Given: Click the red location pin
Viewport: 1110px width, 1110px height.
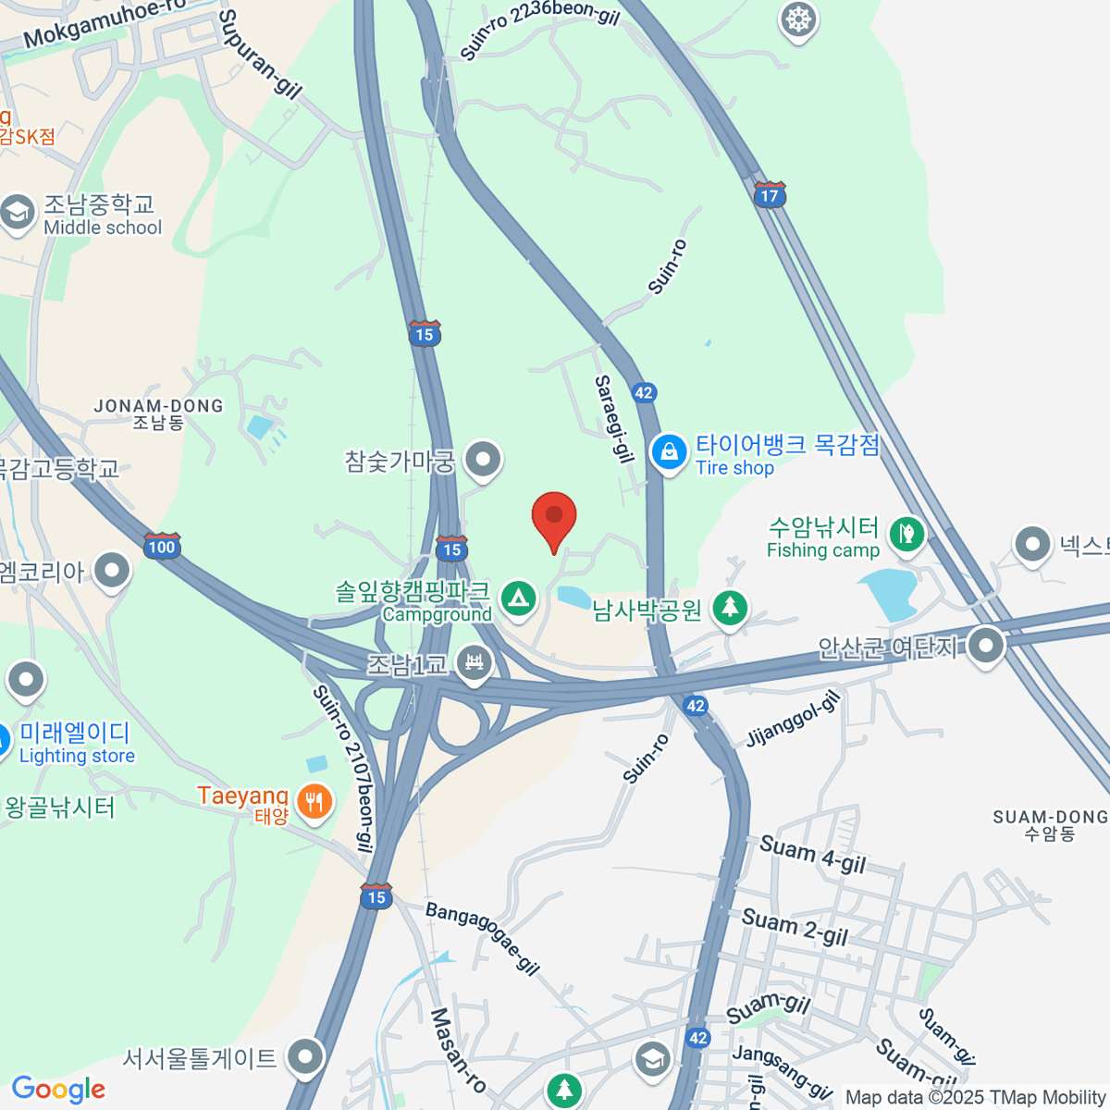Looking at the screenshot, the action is point(554,516).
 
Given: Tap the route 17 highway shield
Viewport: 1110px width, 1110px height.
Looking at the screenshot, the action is point(770,195).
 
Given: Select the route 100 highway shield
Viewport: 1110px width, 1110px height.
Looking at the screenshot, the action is point(161,546).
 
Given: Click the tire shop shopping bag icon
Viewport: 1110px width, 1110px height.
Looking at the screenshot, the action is point(668,452).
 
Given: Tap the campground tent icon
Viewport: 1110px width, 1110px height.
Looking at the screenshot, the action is point(519,598).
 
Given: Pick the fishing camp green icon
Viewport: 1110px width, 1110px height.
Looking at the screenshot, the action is point(906,534).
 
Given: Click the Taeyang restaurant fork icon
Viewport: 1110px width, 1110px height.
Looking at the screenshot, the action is point(314,801).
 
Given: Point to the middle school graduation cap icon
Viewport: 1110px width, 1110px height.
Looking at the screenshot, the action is point(17,213).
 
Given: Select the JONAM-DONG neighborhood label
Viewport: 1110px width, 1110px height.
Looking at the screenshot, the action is point(158,406).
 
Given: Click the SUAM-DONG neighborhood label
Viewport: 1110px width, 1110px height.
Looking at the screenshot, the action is point(1050,818).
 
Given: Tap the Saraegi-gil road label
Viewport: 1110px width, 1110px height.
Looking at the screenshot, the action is point(614,418).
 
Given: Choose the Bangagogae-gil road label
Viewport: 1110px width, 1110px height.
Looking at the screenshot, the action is point(482,938).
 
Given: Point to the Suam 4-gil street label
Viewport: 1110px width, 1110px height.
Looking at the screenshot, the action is point(812,854).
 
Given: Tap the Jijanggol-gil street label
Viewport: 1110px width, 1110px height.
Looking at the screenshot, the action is point(794,718).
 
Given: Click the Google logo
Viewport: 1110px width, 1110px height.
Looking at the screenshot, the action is point(58,1090).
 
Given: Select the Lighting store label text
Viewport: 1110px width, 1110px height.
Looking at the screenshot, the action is point(77,756).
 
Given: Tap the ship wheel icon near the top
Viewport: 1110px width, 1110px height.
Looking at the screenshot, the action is point(797,19).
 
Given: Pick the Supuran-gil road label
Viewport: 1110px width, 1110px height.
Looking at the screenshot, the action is point(260,54).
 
